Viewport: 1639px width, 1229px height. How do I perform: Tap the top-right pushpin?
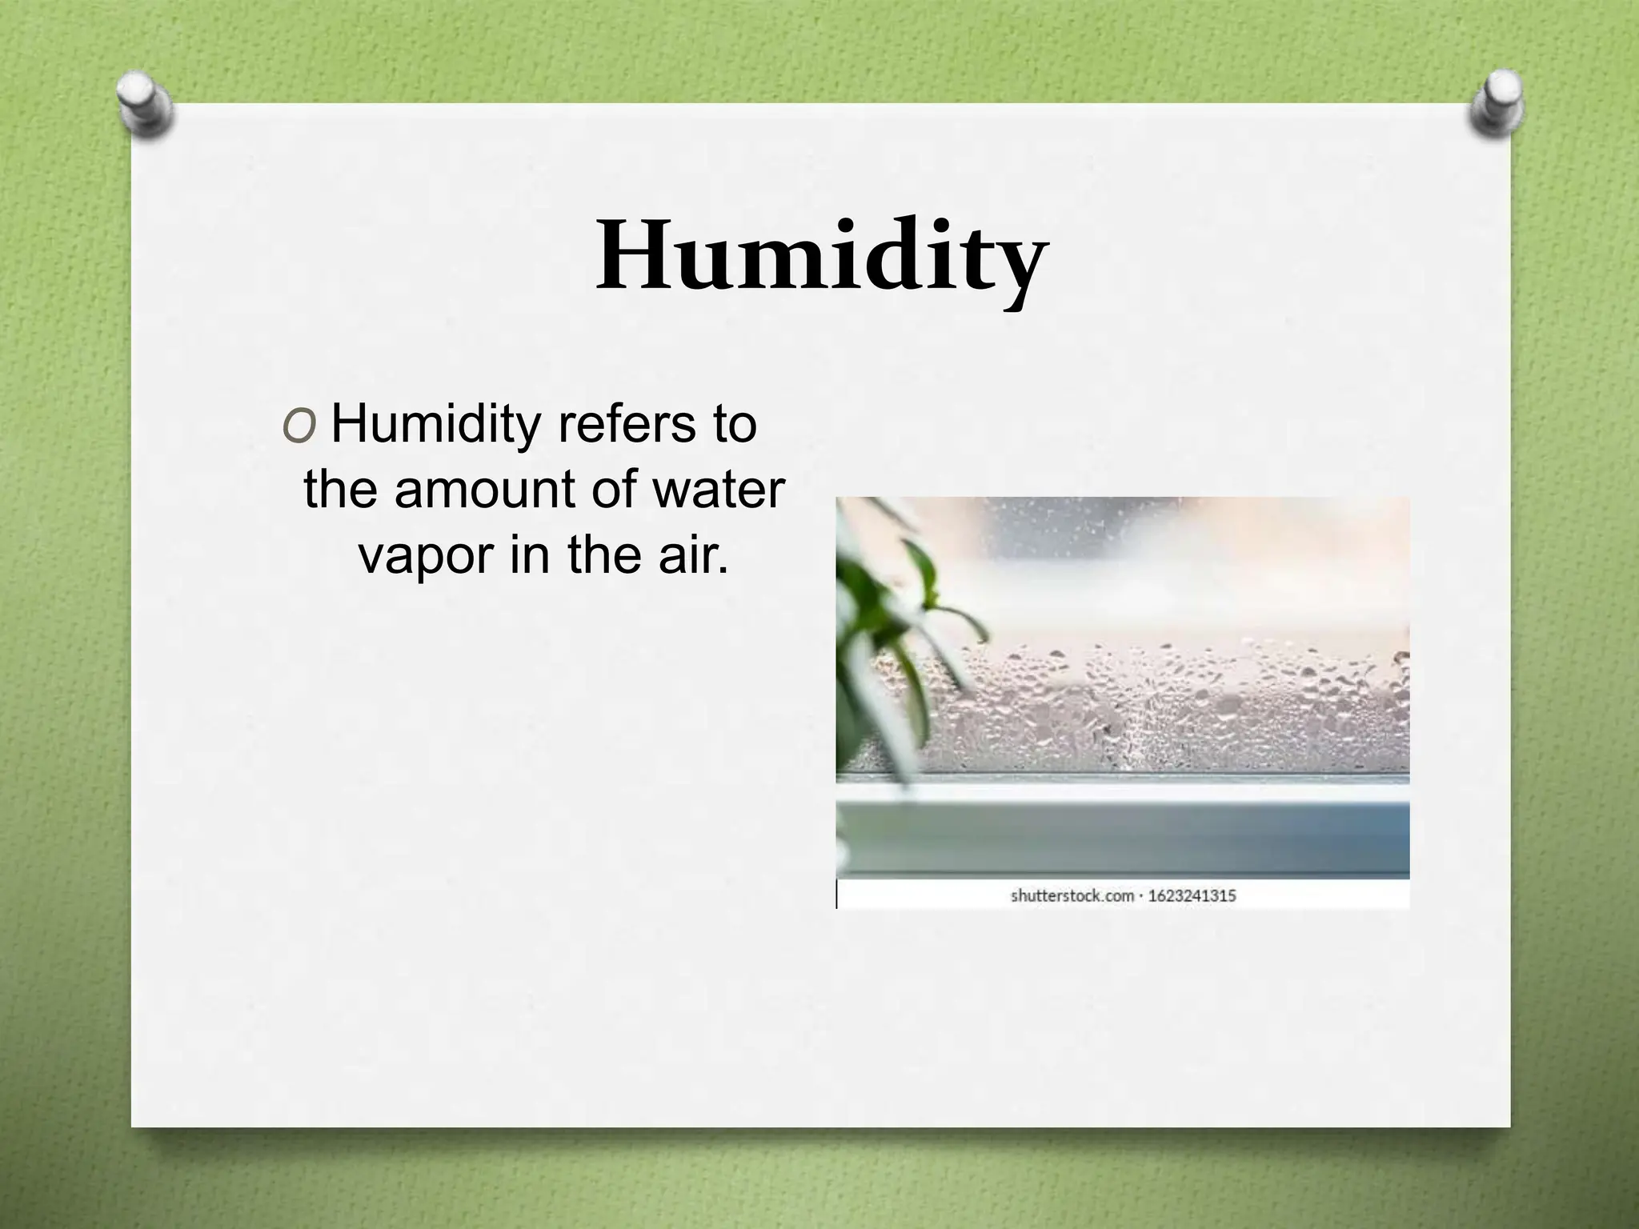1495,104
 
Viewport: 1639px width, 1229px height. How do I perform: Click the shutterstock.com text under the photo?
1072,895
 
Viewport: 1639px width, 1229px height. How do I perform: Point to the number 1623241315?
1192,895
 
